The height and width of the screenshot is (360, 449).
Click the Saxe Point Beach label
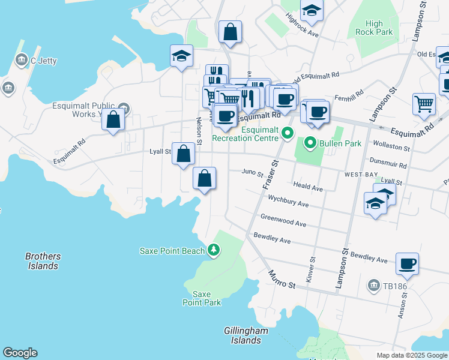pos(172,251)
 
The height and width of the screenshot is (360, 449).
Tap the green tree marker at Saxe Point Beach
pos(213,250)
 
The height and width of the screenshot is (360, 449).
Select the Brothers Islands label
pos(43,261)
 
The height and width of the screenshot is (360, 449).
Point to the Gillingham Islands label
pos(243,335)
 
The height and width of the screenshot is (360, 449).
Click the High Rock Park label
pos(373,28)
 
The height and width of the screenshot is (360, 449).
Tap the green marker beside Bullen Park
pos(310,143)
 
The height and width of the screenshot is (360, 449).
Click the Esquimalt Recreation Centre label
pos(244,134)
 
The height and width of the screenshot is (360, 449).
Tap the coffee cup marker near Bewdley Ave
pos(408,264)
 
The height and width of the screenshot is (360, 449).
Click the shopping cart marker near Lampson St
pos(424,104)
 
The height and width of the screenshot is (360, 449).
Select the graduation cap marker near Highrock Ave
pos(312,10)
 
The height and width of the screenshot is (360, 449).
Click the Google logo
pos(20,353)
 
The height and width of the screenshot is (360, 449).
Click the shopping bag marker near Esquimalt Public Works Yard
pos(113,119)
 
